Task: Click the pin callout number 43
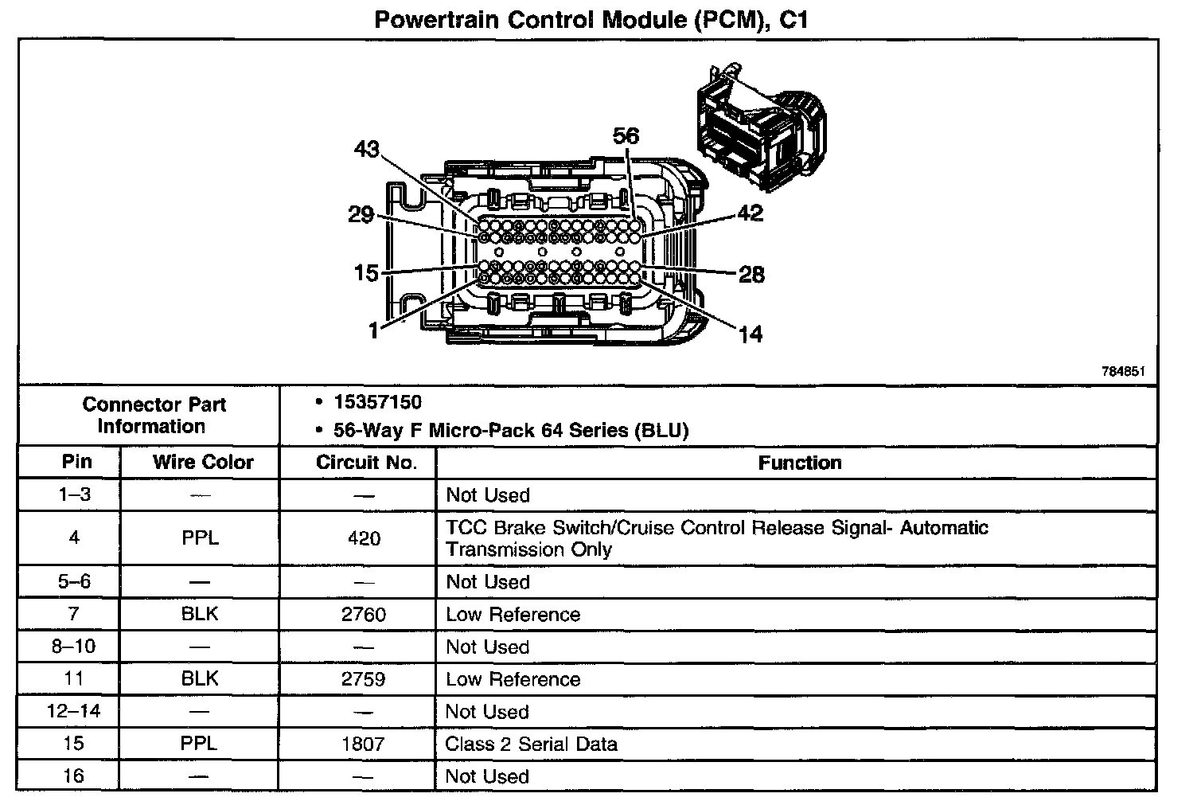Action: [x=367, y=150]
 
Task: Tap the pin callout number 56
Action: [x=626, y=136]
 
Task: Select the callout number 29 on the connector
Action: [x=361, y=214]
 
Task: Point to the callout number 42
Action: [x=750, y=213]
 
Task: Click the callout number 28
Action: [x=751, y=275]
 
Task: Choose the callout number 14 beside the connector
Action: [x=750, y=334]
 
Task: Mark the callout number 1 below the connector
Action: [x=374, y=330]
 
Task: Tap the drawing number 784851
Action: [x=1123, y=371]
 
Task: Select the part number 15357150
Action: [x=377, y=402]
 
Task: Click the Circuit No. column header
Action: [x=366, y=463]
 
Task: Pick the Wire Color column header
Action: [x=203, y=463]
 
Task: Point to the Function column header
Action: [x=799, y=463]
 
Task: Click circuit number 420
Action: [x=364, y=538]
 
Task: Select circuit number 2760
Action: [x=364, y=615]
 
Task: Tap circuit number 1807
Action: [x=364, y=745]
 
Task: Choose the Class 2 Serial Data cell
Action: [x=531, y=745]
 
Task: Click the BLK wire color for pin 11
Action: [x=200, y=679]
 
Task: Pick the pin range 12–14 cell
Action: [x=74, y=712]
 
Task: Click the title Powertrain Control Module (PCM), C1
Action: [x=591, y=20]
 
